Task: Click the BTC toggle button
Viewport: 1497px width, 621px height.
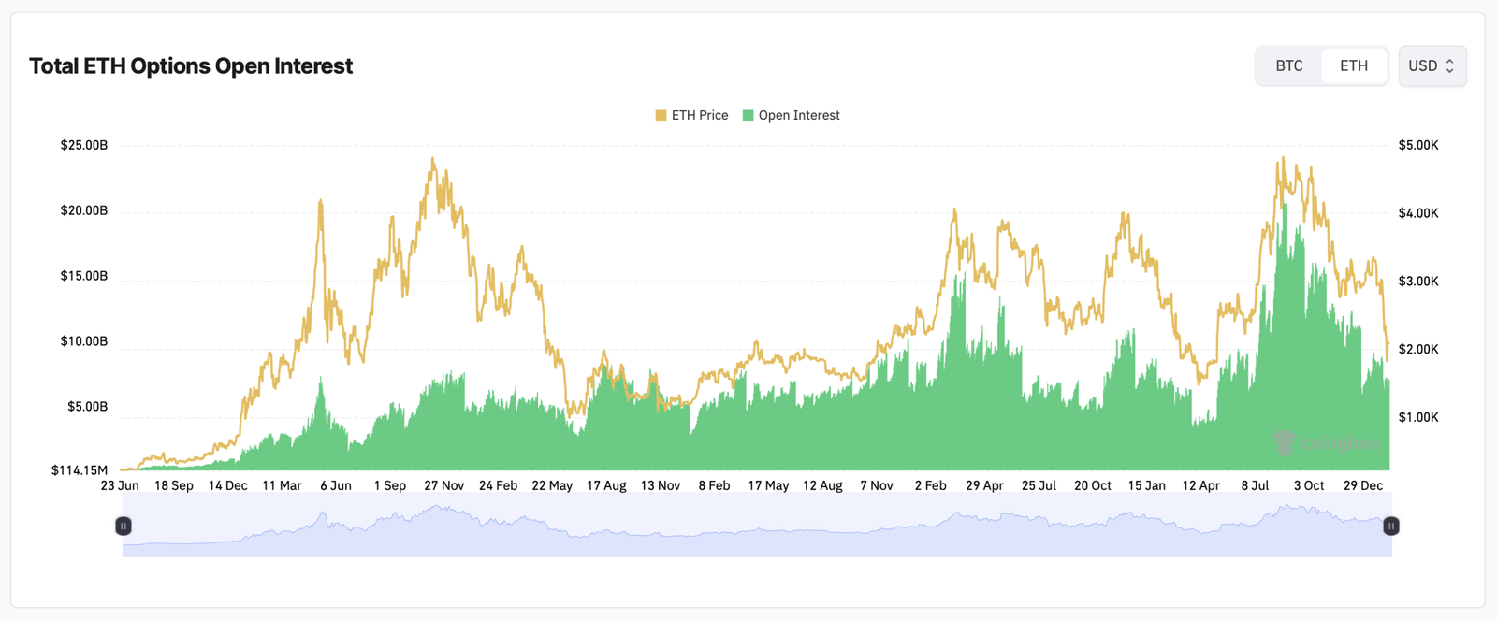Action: coord(1288,65)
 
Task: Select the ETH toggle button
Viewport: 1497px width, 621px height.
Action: coord(1353,65)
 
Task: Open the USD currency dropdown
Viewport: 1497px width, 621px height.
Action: coord(1432,65)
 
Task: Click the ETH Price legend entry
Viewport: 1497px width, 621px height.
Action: coord(691,115)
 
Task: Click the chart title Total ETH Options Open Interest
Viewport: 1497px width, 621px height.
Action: coord(191,66)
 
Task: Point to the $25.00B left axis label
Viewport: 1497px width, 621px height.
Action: coord(83,145)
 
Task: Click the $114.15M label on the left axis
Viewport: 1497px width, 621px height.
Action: coord(80,469)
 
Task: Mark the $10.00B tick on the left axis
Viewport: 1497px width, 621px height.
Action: coord(83,341)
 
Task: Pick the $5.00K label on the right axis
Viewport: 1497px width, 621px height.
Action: coord(1418,145)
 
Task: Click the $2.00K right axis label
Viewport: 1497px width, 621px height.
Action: coord(1418,349)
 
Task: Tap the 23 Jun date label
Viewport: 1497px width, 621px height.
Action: coord(120,485)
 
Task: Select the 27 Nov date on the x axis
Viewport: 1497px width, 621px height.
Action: coord(443,485)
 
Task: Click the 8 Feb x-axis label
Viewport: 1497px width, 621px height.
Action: coord(714,485)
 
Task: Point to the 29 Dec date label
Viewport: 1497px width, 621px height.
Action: coord(1362,485)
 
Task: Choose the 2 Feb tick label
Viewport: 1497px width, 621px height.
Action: coord(930,485)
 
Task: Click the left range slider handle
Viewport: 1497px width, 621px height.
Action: coord(123,527)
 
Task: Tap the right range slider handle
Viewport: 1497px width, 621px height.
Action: coord(1391,527)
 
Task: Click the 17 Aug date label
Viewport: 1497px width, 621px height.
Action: coord(606,485)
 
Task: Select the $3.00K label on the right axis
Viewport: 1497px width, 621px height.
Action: coord(1418,281)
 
